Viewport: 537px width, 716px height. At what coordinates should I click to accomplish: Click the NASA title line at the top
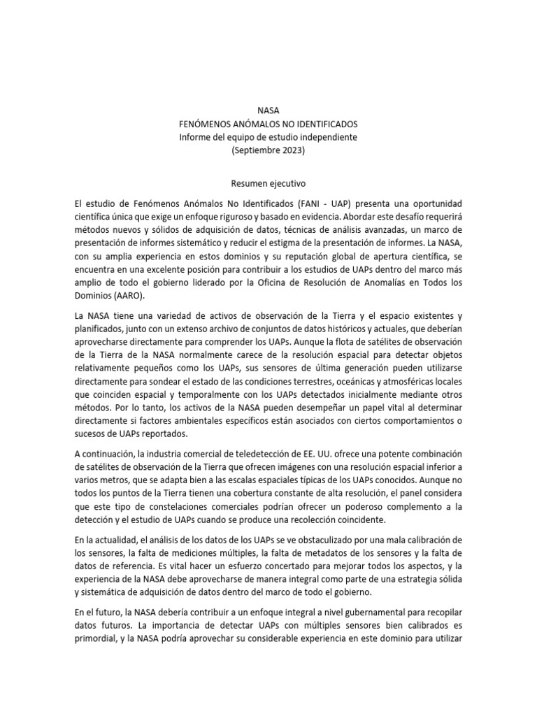click(x=268, y=110)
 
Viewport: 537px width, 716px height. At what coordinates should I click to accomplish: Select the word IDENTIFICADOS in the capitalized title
click(x=324, y=124)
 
